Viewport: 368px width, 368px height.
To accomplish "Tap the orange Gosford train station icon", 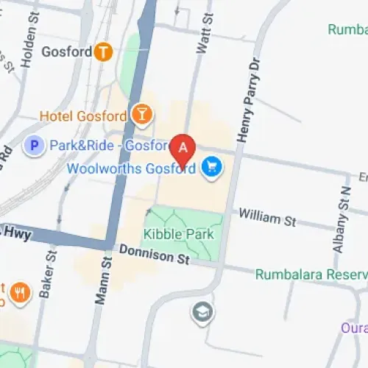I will tap(103, 52).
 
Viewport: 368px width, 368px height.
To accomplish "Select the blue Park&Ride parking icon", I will tap(33, 146).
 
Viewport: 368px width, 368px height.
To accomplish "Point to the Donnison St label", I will tap(154, 255).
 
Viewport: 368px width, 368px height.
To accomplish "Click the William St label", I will tap(266, 219).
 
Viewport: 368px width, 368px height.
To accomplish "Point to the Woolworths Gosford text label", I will tap(131, 168).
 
